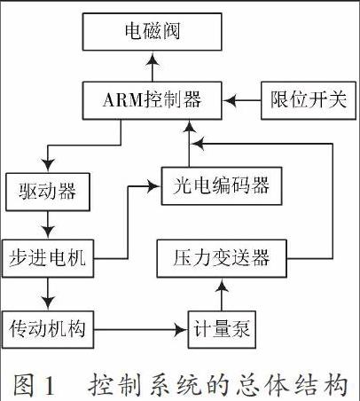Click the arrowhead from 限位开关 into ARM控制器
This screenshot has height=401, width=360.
pos(230,100)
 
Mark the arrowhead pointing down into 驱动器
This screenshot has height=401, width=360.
pos(48,165)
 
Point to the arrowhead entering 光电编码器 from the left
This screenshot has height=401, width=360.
pos(153,186)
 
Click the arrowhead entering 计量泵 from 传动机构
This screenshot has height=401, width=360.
pos(181,329)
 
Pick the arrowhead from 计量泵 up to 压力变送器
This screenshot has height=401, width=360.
pos(222,286)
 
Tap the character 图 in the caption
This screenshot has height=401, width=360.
pos(23,385)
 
